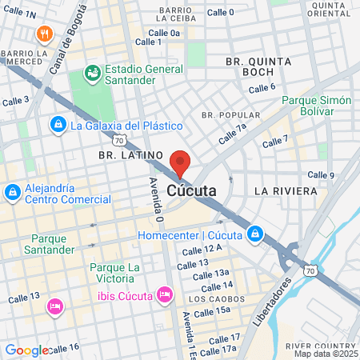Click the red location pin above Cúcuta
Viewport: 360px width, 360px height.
(x=180, y=162)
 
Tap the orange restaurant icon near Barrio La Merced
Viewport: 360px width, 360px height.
(x=43, y=34)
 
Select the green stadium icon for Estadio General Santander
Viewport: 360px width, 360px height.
(x=93, y=74)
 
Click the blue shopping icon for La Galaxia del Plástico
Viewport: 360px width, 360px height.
(x=58, y=125)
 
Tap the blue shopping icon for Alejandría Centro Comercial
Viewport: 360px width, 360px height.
(x=13, y=193)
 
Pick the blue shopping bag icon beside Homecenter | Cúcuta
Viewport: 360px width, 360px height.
(x=254, y=234)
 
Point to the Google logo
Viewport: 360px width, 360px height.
(x=26, y=350)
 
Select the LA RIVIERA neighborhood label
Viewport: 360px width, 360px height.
(x=282, y=192)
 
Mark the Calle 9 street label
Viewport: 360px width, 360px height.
(x=321, y=174)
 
